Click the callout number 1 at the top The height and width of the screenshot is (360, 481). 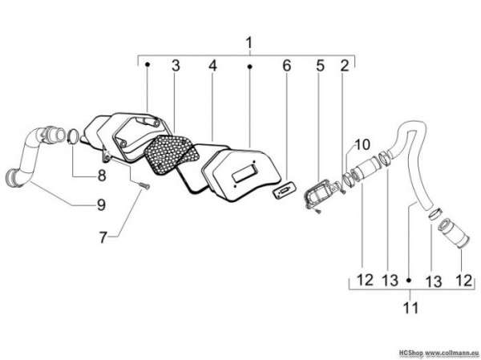[249, 43]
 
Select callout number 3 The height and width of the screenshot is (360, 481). [176, 66]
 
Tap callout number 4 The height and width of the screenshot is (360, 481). [212, 66]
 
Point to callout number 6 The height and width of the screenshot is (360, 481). [286, 66]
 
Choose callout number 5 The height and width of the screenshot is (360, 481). [320, 66]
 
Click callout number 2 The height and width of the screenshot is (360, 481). [345, 66]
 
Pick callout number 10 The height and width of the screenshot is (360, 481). [362, 144]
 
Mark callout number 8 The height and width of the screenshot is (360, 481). [102, 176]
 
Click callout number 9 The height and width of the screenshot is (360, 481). [101, 204]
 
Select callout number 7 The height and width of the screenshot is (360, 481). [103, 237]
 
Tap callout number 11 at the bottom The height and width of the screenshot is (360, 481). [410, 308]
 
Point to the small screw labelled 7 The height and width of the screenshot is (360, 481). [144, 185]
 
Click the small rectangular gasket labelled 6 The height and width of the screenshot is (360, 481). [284, 191]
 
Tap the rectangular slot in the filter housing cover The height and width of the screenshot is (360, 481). [244, 174]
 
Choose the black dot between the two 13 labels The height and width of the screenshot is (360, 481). [409, 280]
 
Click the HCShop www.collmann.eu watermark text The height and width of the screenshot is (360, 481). [439, 352]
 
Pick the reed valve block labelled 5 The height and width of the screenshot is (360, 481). [320, 193]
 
